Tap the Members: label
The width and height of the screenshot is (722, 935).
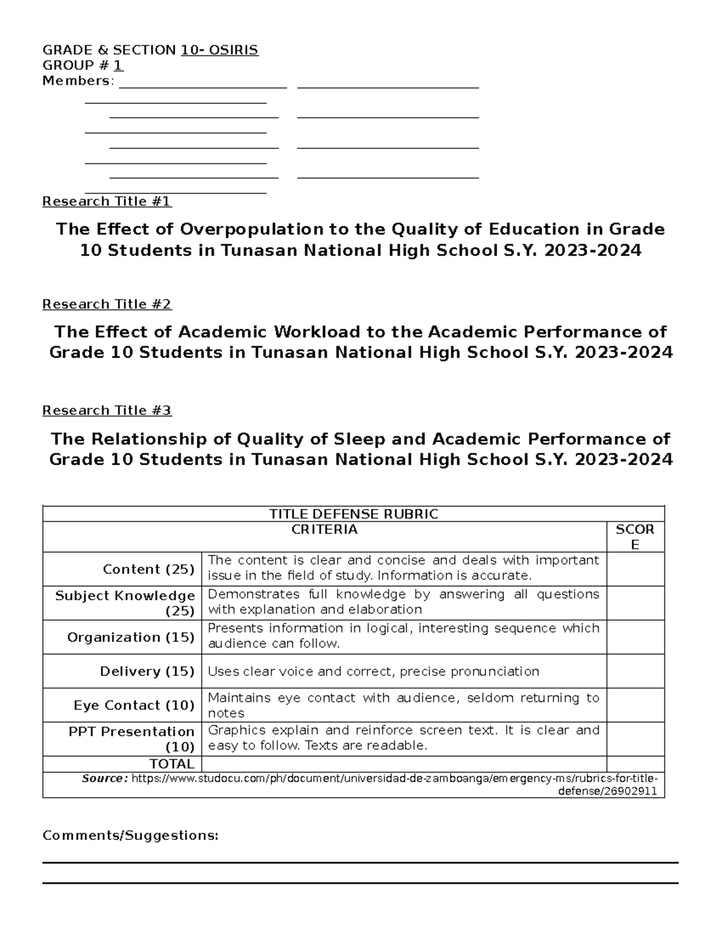click(x=78, y=81)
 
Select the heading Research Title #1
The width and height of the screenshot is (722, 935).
click(x=106, y=201)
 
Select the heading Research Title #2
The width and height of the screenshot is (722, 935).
click(x=106, y=304)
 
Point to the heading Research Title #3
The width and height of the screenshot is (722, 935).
click(x=106, y=411)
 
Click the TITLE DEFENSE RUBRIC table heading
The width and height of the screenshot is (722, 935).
click(x=353, y=514)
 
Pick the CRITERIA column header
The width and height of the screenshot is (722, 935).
click(x=324, y=530)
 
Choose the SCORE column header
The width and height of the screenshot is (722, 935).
click(x=635, y=536)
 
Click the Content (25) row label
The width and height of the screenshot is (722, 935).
click(x=149, y=570)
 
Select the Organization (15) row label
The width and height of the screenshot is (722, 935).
click(x=131, y=637)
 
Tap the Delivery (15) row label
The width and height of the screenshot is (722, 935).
click(x=147, y=671)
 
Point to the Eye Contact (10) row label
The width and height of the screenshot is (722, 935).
click(x=134, y=705)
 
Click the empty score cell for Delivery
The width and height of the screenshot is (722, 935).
click(x=635, y=671)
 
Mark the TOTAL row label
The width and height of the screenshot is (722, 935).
click(x=172, y=764)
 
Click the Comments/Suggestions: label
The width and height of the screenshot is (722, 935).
click(x=130, y=836)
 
